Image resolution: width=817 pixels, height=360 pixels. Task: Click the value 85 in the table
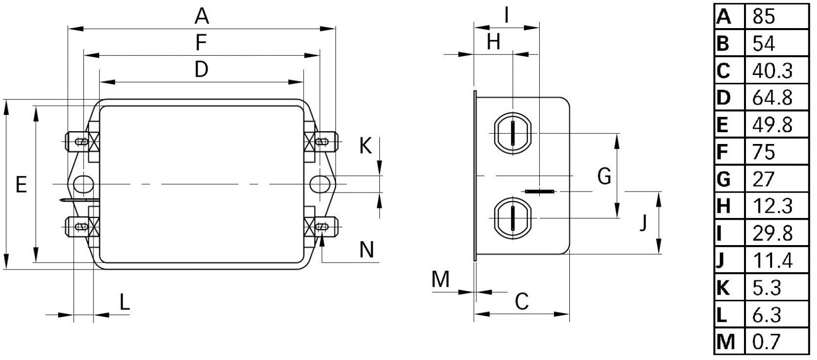point(763,16)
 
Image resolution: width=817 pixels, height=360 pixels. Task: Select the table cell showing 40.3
point(772,71)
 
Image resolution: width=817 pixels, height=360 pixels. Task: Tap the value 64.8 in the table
point(772,98)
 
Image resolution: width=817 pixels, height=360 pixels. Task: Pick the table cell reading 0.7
point(766,342)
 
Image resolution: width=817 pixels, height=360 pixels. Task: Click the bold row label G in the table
point(723,179)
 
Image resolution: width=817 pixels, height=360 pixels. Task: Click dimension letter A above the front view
point(201,16)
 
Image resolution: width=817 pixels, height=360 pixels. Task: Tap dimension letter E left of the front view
point(21,184)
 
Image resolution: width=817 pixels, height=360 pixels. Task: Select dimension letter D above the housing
point(201,69)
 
